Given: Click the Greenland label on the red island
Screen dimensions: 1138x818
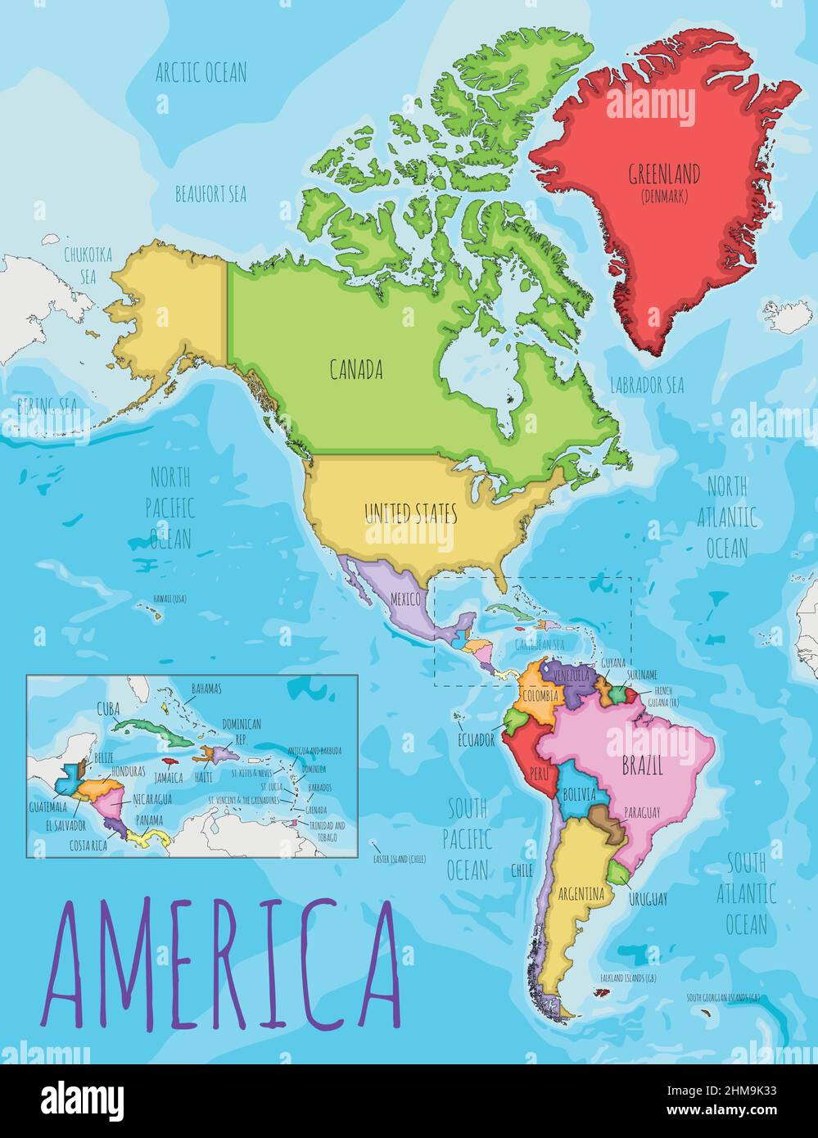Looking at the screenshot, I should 663,174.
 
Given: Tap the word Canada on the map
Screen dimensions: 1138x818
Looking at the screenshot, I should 356,370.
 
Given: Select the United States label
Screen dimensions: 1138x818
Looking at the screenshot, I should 410,514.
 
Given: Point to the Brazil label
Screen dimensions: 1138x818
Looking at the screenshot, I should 642,767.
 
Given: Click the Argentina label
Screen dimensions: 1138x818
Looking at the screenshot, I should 581,894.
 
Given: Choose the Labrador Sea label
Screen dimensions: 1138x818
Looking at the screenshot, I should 646,385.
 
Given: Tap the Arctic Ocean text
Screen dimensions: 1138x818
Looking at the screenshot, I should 201,72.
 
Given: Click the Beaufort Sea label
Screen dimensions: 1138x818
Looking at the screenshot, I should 210,194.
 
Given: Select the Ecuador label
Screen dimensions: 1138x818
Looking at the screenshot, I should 476,740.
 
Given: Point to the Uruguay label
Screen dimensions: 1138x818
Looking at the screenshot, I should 648,899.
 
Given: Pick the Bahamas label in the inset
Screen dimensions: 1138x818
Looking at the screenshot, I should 206,689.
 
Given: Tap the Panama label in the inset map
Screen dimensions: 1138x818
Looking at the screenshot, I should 149,820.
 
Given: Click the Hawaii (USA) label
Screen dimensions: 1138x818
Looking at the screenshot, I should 169,598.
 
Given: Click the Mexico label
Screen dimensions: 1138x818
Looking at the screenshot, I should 404,598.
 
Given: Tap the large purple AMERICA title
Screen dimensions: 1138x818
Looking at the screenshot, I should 221,964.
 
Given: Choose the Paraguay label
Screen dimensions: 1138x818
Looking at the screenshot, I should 641,812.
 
